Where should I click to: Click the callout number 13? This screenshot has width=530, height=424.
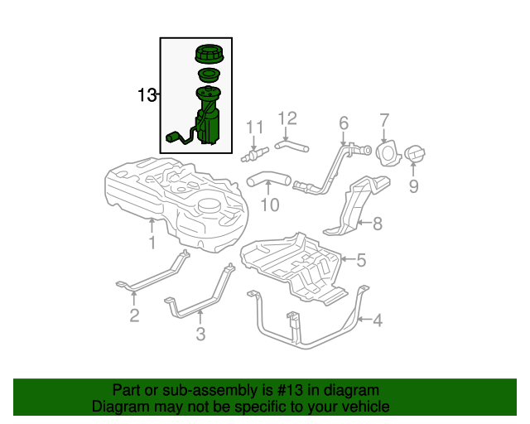coord(147,95)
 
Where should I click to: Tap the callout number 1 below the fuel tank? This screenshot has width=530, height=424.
coord(152,243)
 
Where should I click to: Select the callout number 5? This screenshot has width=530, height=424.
coord(361,260)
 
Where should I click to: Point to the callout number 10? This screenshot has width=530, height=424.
coord(270,205)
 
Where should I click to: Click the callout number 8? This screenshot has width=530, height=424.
coord(378,224)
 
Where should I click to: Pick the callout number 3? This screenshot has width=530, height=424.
coord(200,334)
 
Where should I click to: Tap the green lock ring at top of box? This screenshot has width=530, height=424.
coord(210,54)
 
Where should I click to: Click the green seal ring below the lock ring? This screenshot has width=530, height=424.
coord(209,75)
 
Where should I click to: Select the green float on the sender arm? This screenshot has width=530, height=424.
coord(173,137)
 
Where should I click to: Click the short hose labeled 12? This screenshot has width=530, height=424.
coord(291,146)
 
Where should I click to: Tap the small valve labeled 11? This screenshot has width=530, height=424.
coord(255,154)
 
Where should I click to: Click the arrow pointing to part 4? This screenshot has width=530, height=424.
coord(364,319)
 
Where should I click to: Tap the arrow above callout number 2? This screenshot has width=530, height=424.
coord(134,298)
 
